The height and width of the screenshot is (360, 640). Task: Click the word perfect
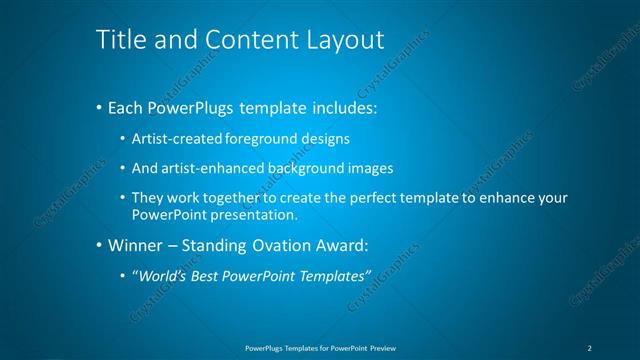click(378, 198)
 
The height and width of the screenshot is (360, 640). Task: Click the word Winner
click(133, 245)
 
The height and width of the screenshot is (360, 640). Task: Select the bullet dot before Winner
click(98, 246)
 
